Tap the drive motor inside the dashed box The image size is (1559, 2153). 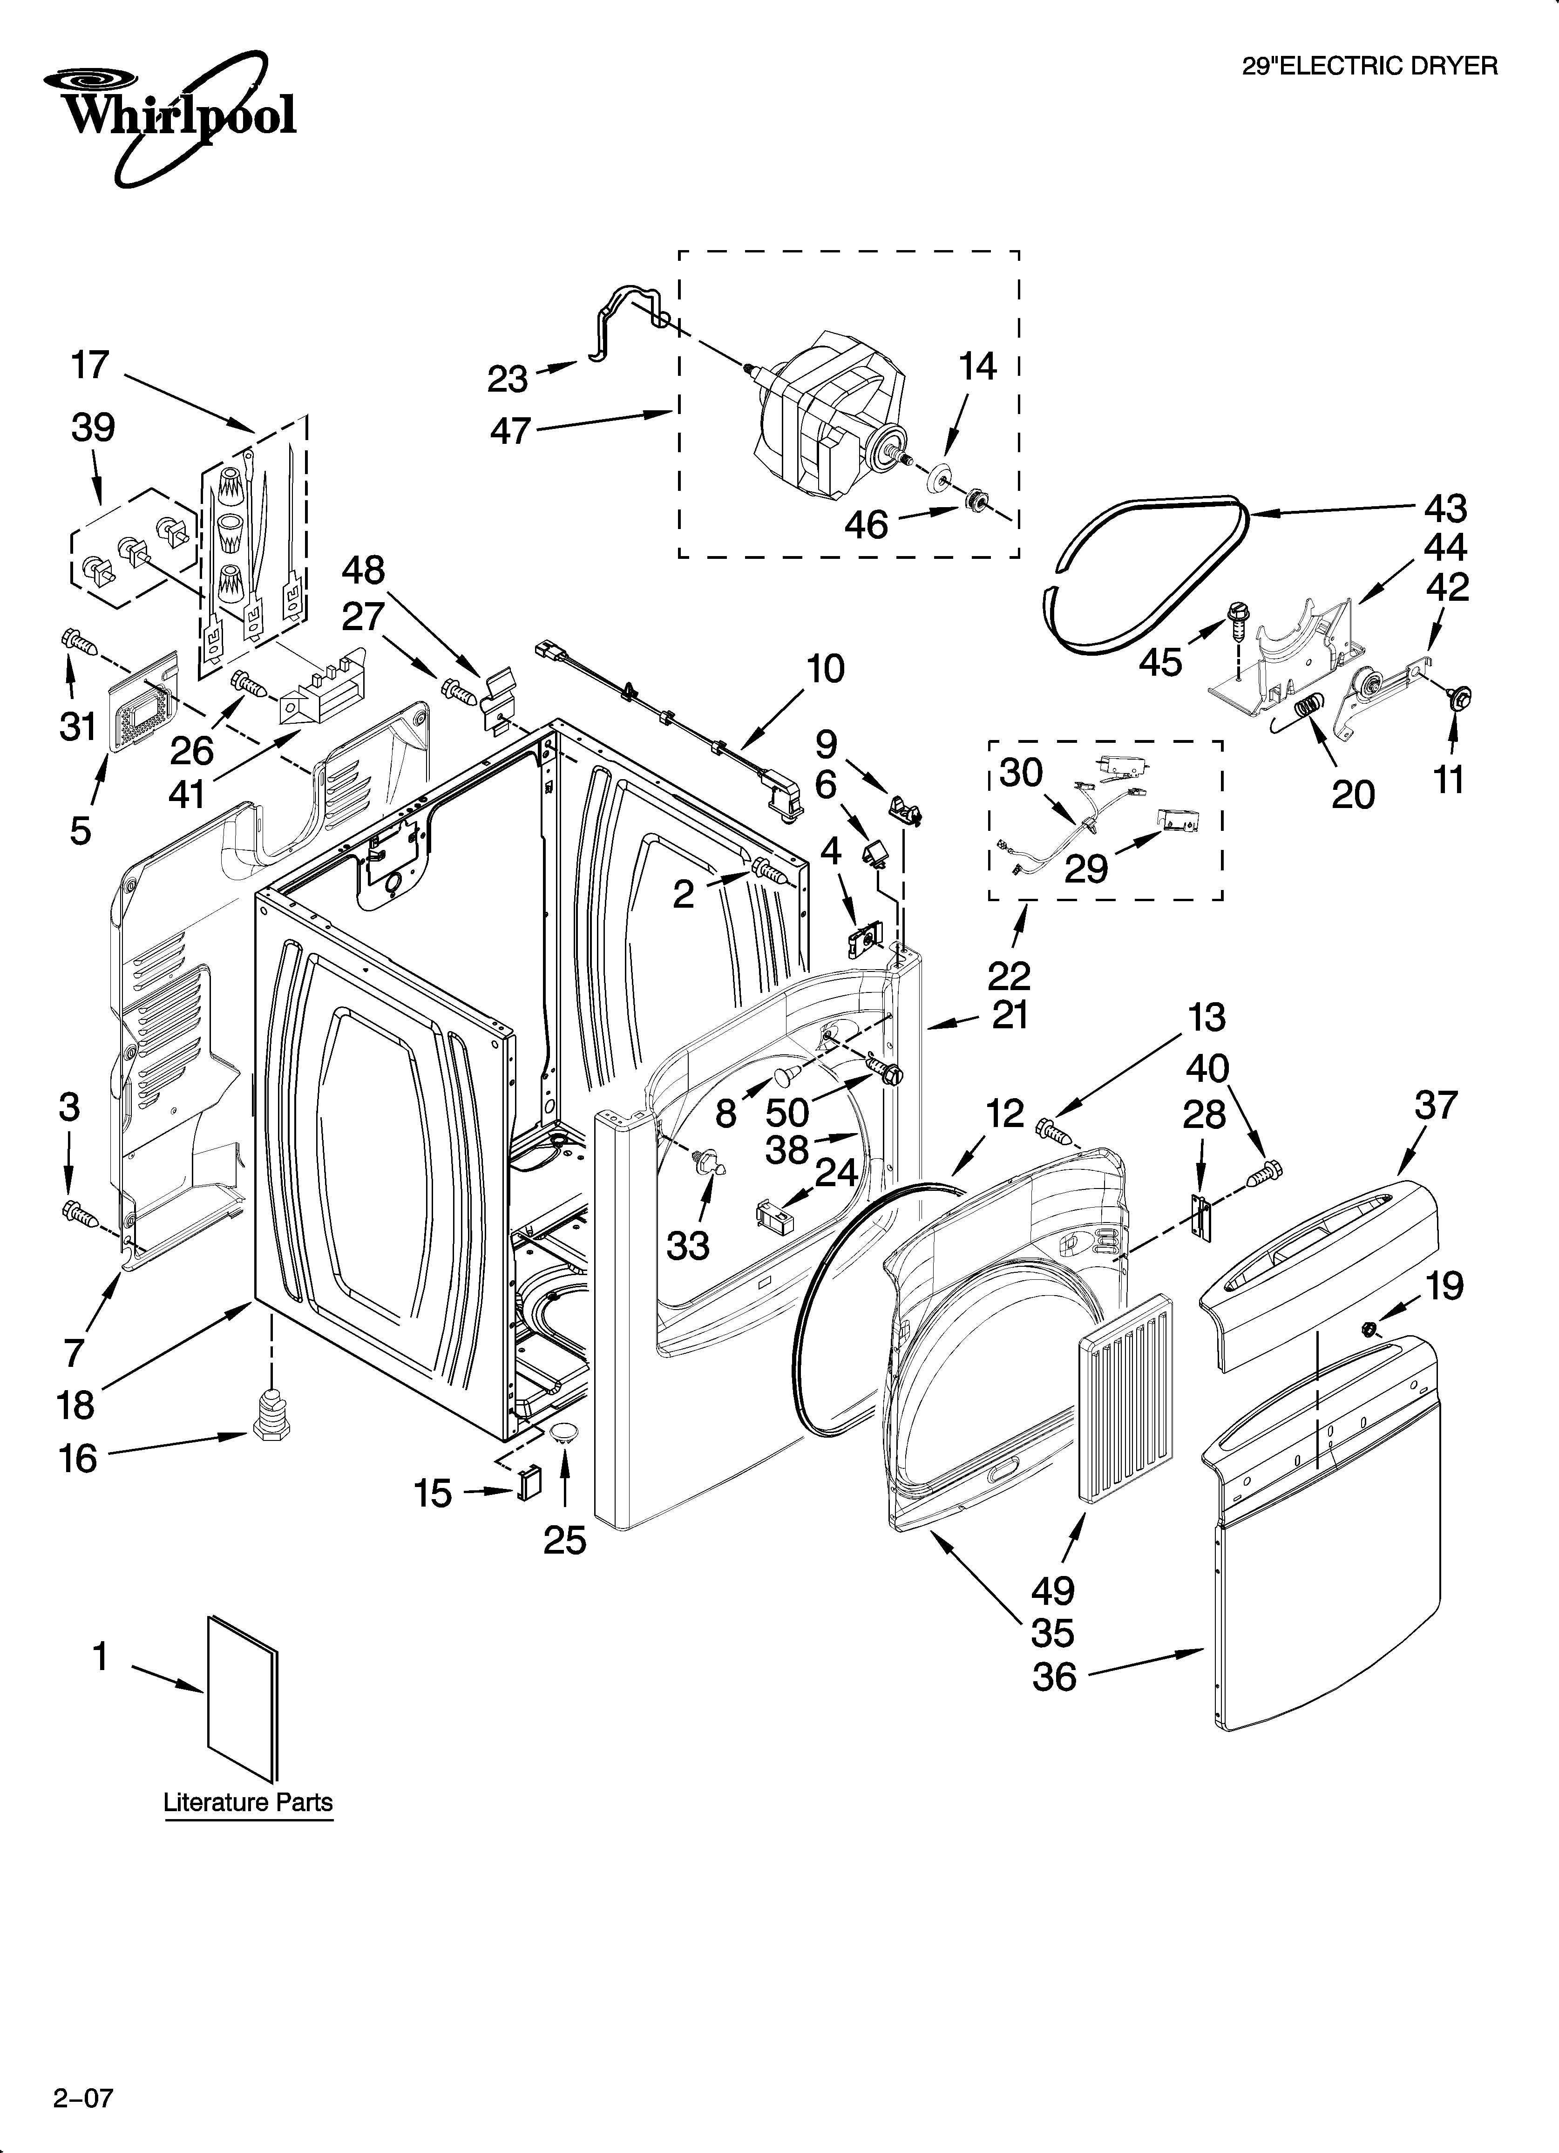pyautogui.click(x=817, y=418)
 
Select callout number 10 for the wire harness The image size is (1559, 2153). pyautogui.click(x=825, y=669)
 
